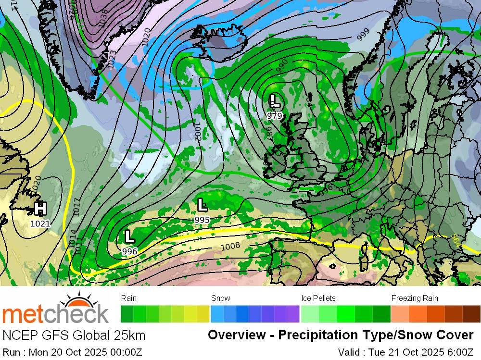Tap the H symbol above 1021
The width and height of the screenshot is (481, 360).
click(x=40, y=209)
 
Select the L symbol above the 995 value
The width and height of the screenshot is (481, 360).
click(x=202, y=205)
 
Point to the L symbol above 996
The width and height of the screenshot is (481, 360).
click(x=129, y=236)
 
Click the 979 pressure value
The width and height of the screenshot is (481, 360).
click(x=275, y=116)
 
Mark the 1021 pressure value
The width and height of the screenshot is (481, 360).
click(x=40, y=223)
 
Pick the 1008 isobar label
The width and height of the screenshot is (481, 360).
click(x=230, y=247)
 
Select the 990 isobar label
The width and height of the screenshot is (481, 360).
click(x=282, y=65)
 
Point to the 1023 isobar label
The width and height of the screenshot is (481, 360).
click(x=112, y=59)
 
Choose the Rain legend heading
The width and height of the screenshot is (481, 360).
click(x=129, y=298)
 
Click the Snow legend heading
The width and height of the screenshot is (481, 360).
click(x=220, y=298)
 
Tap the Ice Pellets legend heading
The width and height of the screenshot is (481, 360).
click(x=318, y=298)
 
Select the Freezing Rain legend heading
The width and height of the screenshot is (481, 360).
click(x=414, y=298)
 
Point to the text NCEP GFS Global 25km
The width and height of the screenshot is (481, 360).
click(x=74, y=335)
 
